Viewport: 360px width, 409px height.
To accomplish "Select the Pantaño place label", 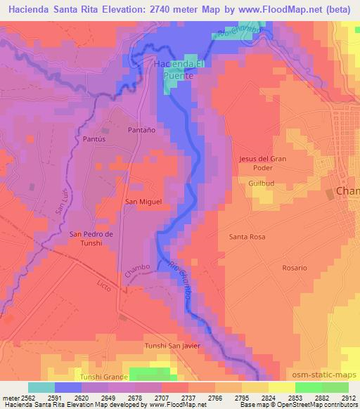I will (x=141, y=130).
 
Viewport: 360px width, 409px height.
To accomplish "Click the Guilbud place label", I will (x=261, y=183).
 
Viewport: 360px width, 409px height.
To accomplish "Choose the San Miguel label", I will (x=143, y=202).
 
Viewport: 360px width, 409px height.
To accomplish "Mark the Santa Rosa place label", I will (x=247, y=237).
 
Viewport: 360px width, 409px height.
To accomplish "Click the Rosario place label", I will (x=294, y=268).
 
